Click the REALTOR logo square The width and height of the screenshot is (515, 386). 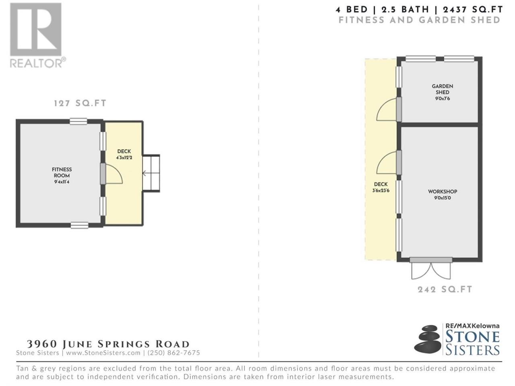click(x=36, y=29)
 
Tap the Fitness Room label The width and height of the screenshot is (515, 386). click(x=62, y=172)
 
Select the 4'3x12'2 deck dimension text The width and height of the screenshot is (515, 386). click(x=124, y=158)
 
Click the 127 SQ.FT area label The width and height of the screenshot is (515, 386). click(x=80, y=103)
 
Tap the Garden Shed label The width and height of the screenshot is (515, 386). click(x=443, y=89)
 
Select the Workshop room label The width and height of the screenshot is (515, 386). click(x=443, y=191)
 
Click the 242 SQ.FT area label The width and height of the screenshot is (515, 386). click(x=445, y=289)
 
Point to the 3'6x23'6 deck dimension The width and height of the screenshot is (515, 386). click(x=381, y=191)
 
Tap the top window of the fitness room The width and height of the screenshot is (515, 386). click(x=78, y=121)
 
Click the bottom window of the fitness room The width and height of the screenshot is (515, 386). click(x=80, y=225)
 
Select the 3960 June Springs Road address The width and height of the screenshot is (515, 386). click(x=108, y=344)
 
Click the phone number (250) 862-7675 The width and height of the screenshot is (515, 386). click(x=174, y=353)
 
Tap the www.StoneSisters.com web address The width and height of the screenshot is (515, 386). click(x=103, y=353)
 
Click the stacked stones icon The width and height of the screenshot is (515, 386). click(x=427, y=339)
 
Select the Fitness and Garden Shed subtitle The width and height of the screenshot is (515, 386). click(x=420, y=20)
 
